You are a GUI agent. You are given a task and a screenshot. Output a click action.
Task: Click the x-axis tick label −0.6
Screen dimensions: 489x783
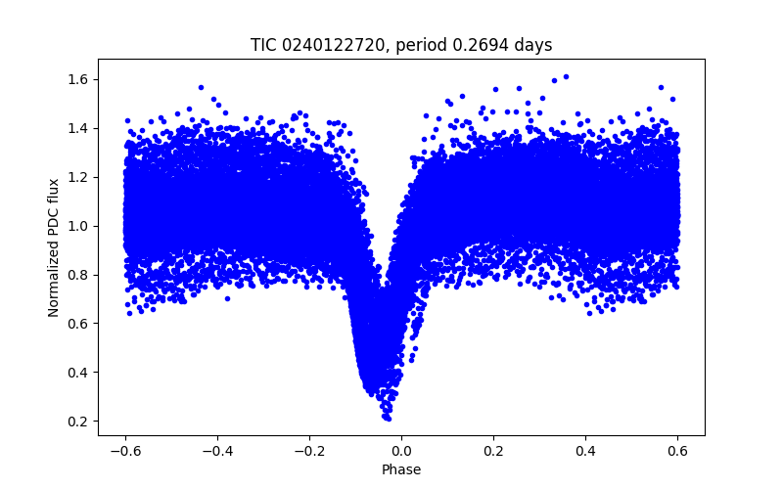124,451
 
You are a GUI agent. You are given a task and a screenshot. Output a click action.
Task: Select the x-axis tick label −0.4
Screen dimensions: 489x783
216,451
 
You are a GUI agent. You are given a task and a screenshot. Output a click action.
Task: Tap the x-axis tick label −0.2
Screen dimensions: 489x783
308,451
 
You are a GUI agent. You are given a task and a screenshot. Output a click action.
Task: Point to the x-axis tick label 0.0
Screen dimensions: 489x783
401,451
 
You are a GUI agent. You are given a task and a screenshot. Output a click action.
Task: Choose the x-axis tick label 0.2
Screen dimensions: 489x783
493,451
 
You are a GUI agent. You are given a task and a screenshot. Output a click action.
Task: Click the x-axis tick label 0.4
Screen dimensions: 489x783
585,451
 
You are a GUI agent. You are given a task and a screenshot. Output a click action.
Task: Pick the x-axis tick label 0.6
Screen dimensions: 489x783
677,451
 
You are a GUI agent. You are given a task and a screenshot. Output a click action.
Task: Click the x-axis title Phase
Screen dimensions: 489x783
401,469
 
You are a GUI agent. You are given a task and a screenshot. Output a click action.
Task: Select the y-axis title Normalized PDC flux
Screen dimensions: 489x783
54,247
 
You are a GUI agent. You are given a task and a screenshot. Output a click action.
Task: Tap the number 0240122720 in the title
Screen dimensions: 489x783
326,45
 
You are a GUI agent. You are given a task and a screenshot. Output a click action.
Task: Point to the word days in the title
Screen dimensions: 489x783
532,45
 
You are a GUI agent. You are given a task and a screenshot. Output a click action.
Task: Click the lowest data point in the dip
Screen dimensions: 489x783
388,418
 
